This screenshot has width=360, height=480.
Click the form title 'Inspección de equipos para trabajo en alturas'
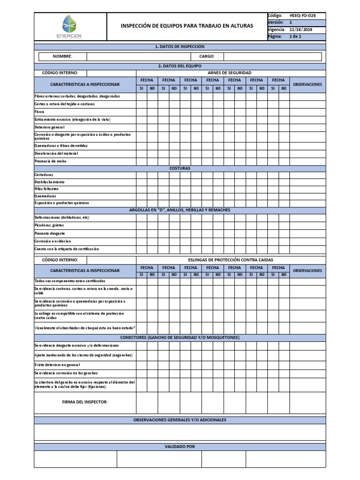187,25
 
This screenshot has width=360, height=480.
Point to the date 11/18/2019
300,30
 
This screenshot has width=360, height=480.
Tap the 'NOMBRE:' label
62,56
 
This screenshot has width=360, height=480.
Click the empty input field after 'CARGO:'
272,56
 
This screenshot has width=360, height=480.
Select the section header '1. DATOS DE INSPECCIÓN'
180,46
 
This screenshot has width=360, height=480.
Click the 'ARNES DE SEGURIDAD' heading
229,73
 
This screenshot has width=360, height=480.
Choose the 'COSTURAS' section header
180,168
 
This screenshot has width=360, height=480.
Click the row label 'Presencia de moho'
51,161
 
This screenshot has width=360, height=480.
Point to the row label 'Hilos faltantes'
46,189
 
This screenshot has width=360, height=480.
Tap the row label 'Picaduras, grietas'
50,225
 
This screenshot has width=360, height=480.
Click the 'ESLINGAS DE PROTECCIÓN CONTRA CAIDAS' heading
230,260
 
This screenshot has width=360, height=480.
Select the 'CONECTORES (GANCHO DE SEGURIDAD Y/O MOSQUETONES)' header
180,337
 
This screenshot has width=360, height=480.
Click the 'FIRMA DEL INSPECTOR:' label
85,402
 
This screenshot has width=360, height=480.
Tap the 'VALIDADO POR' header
180,447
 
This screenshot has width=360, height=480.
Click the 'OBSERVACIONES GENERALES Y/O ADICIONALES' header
180,420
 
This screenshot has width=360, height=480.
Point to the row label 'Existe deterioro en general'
57,365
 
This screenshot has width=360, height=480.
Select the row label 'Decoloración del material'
56,153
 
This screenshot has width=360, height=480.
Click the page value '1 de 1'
295,37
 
